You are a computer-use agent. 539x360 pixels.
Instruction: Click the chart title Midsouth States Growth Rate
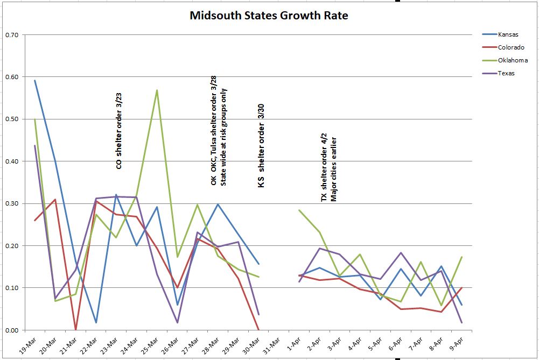pyautogui.click(x=269, y=16)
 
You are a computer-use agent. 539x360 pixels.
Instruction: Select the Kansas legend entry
pyautogui.click(x=508, y=34)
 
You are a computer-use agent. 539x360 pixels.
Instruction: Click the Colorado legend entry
pyautogui.click(x=510, y=47)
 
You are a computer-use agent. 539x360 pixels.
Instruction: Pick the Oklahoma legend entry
pyautogui.click(x=512, y=60)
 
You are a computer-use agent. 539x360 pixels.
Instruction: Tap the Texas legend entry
pyautogui.click(x=506, y=73)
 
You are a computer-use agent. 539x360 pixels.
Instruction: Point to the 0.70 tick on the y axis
pyautogui.click(x=11, y=35)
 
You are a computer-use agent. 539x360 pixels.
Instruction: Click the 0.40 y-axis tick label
pyautogui.click(x=11, y=161)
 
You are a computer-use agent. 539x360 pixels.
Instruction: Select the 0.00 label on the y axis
pyautogui.click(x=11, y=330)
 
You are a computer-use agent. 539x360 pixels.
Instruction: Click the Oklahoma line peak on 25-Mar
pyautogui.click(x=157, y=90)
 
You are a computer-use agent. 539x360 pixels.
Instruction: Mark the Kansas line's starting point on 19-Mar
pyautogui.click(x=35, y=81)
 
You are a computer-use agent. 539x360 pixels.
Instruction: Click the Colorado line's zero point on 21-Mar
pyautogui.click(x=75, y=329)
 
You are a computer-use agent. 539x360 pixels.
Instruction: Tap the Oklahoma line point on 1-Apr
pyautogui.click(x=299, y=210)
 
